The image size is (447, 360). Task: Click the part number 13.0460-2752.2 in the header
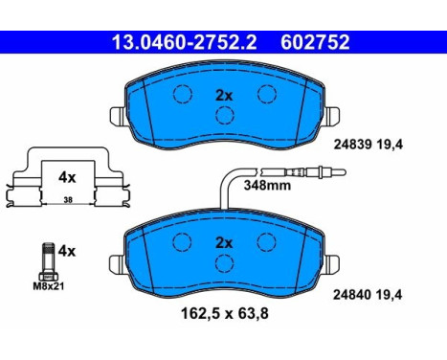185,42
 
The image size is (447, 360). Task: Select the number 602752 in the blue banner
315,42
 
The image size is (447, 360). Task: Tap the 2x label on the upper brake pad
224,96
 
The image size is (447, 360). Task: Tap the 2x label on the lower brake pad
224,243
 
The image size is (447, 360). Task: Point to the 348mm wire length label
267,185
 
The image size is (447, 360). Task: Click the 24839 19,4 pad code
369,145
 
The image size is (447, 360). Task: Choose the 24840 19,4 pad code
368,295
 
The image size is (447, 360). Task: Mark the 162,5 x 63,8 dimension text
225,313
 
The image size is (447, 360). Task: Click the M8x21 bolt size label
49,286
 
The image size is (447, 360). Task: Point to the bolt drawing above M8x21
49,261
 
